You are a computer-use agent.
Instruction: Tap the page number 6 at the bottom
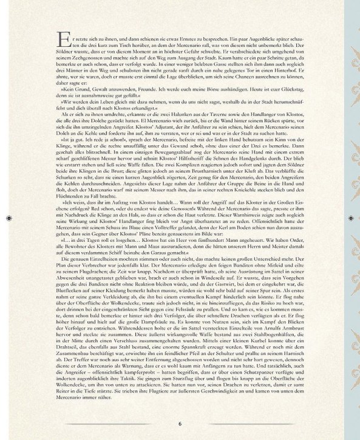point(180,424)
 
